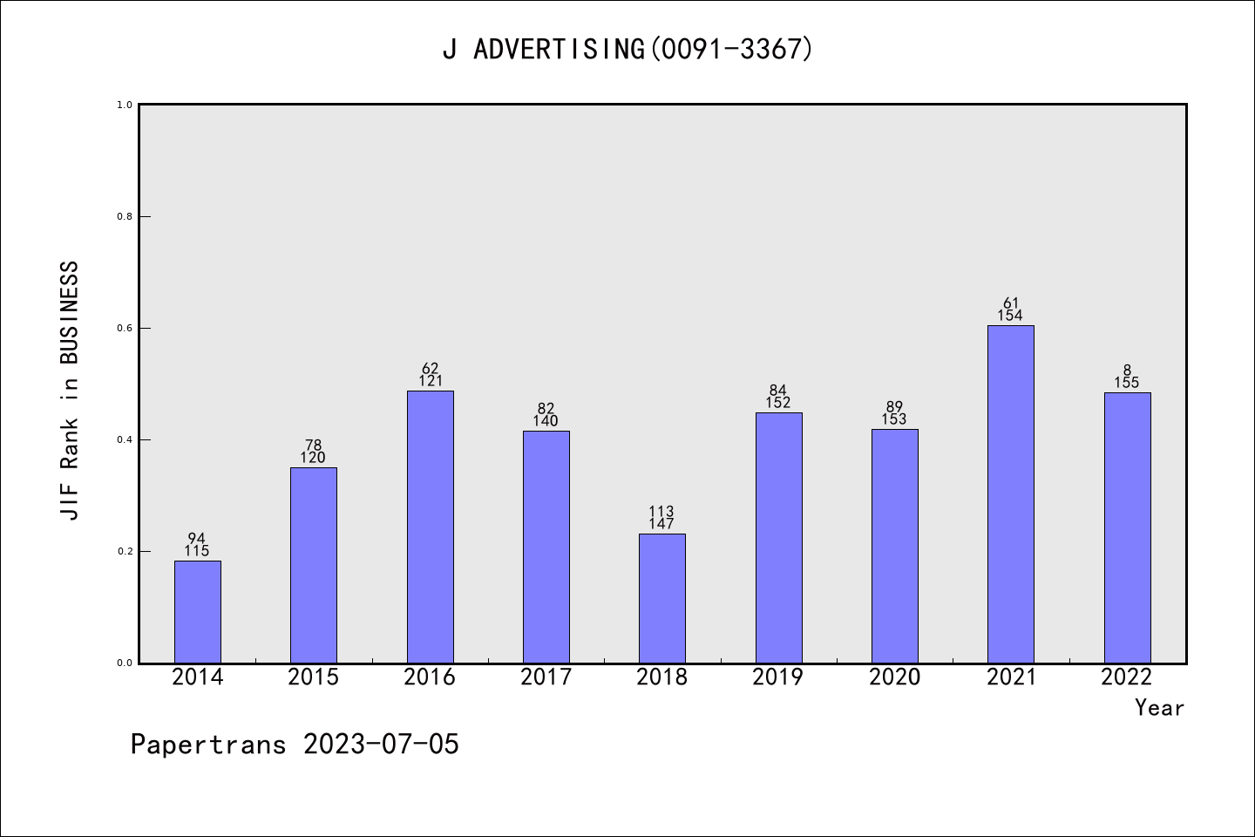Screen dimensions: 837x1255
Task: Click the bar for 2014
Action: pos(198,611)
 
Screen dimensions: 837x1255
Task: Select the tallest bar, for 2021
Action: pos(1011,493)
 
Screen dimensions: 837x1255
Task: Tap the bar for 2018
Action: pos(662,598)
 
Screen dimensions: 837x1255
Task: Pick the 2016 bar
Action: pos(431,527)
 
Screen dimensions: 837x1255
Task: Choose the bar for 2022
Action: pos(1127,527)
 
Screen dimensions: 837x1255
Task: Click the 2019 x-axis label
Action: pos(778,677)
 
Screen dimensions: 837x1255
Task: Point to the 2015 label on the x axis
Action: pos(314,677)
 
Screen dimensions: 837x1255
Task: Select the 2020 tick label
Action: pos(894,677)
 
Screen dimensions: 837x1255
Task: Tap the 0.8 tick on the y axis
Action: pos(125,216)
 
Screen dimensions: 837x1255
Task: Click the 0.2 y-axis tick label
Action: pos(125,551)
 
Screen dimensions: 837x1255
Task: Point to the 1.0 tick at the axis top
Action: pos(125,105)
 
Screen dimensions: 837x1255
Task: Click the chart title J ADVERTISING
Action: pos(627,50)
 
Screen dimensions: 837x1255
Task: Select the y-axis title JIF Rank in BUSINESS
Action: pos(70,391)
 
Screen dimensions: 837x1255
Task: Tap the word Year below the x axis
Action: pos(1159,708)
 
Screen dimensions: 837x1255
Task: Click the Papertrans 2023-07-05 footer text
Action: pos(295,745)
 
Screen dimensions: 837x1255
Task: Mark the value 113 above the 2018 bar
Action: pos(661,512)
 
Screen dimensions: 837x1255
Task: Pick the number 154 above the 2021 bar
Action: pos(1010,316)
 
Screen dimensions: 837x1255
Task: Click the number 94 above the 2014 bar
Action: pos(197,539)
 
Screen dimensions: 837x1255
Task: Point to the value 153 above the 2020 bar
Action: pos(894,419)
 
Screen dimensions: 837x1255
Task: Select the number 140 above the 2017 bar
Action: pos(546,421)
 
